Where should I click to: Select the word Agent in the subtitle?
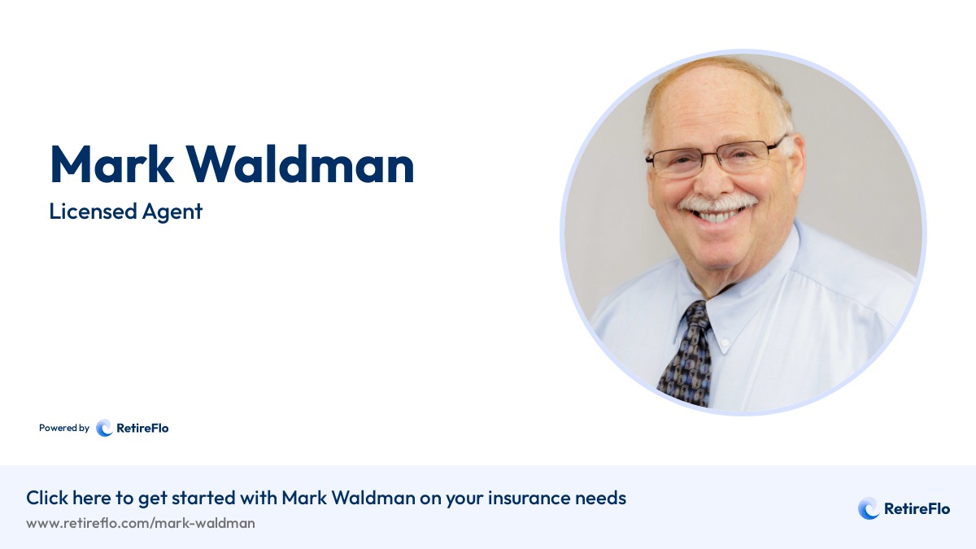coord(174,212)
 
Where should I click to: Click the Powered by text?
coord(64,428)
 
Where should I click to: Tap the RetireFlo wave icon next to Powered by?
coord(104,428)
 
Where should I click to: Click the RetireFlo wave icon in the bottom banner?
coord(868,509)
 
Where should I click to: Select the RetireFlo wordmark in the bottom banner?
coord(917,509)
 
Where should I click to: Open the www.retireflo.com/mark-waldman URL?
coord(141,523)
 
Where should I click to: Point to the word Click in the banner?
coord(47,498)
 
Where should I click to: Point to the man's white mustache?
coord(715,202)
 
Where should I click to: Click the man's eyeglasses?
coord(716,157)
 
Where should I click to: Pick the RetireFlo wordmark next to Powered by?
coord(142,428)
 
